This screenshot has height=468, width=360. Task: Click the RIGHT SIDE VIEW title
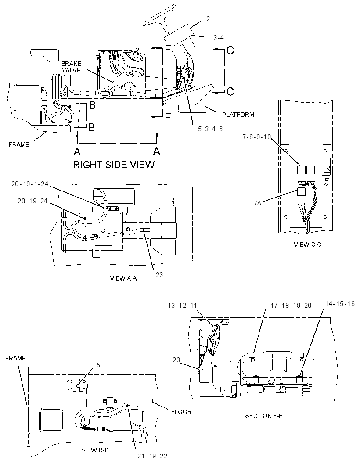coord(114,165)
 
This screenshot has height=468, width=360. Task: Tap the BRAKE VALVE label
coord(72,67)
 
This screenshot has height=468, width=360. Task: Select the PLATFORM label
coord(238,115)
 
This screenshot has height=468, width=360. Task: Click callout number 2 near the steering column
coord(208,19)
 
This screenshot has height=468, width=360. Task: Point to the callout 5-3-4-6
coord(210,129)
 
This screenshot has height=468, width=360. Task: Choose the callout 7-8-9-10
coord(256,137)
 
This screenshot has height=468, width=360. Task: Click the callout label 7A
coord(257,203)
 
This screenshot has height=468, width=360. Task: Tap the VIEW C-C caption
coord(307,245)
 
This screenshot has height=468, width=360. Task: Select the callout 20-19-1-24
coord(30,184)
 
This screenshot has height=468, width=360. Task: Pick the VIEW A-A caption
coord(123,278)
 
